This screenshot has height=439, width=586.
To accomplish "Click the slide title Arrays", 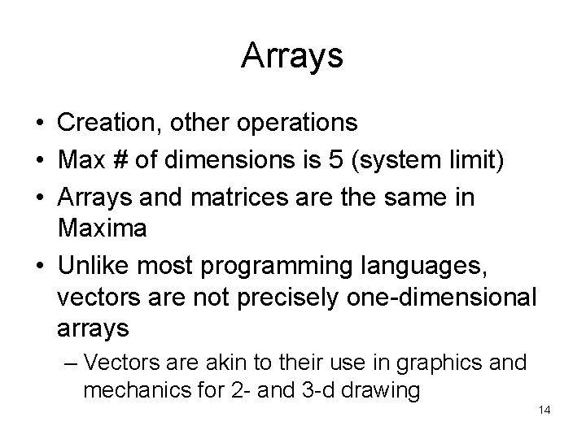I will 292,57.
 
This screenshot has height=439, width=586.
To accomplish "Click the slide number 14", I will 544,411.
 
